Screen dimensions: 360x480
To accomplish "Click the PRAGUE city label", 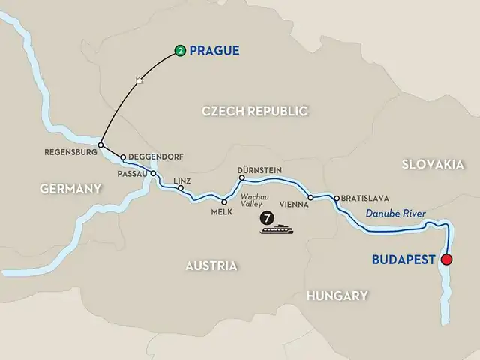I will [214, 51].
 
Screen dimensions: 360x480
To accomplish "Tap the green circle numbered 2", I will [180, 51].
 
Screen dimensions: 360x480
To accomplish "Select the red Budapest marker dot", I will [447, 260].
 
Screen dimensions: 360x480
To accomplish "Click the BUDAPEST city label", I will [405, 259].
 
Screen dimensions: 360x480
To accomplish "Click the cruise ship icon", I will [277, 229].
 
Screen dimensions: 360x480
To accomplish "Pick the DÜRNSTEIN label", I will [259, 170].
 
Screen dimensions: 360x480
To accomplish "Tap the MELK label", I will [221, 212].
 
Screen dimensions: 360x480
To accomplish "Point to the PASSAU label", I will [133, 172].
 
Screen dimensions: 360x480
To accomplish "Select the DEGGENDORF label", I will [156, 157].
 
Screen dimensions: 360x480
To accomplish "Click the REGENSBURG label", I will [70, 152].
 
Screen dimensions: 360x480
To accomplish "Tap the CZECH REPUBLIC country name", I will [255, 111].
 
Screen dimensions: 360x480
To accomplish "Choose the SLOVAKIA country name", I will [430, 165].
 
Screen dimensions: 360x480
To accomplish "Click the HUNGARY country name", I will [337, 295].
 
